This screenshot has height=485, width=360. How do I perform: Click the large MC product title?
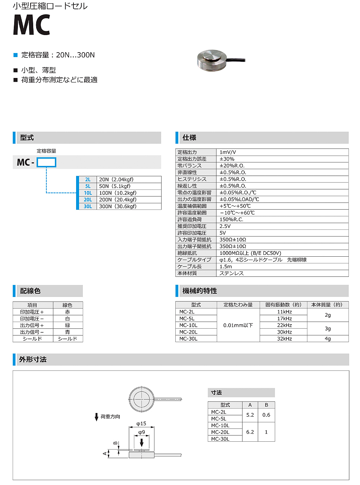point(31,25)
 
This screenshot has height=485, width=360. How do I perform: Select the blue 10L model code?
point(88,193)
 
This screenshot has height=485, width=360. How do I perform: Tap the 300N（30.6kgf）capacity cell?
point(118,206)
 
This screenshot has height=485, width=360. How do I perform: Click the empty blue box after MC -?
point(46,162)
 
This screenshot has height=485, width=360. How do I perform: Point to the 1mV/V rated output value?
point(228,152)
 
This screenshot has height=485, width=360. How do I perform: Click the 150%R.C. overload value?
point(231,219)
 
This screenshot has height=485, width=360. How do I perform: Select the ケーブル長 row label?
point(190,266)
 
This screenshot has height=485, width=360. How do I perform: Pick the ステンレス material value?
point(231,273)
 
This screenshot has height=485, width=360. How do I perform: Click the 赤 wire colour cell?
point(68,312)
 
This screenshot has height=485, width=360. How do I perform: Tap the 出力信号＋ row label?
point(32,325)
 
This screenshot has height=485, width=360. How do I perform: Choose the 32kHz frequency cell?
point(284,339)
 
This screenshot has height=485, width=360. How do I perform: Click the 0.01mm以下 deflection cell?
point(238,325)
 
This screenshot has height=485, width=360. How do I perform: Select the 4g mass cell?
point(328,339)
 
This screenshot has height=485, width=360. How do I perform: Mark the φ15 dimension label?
point(141,424)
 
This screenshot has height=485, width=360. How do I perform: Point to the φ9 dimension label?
point(142,432)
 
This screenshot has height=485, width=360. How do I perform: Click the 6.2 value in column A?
point(250,432)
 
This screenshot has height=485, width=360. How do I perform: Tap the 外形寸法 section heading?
point(33,360)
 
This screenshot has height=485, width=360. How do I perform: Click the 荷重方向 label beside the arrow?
point(110,417)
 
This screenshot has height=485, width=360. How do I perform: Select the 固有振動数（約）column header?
point(283,305)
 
